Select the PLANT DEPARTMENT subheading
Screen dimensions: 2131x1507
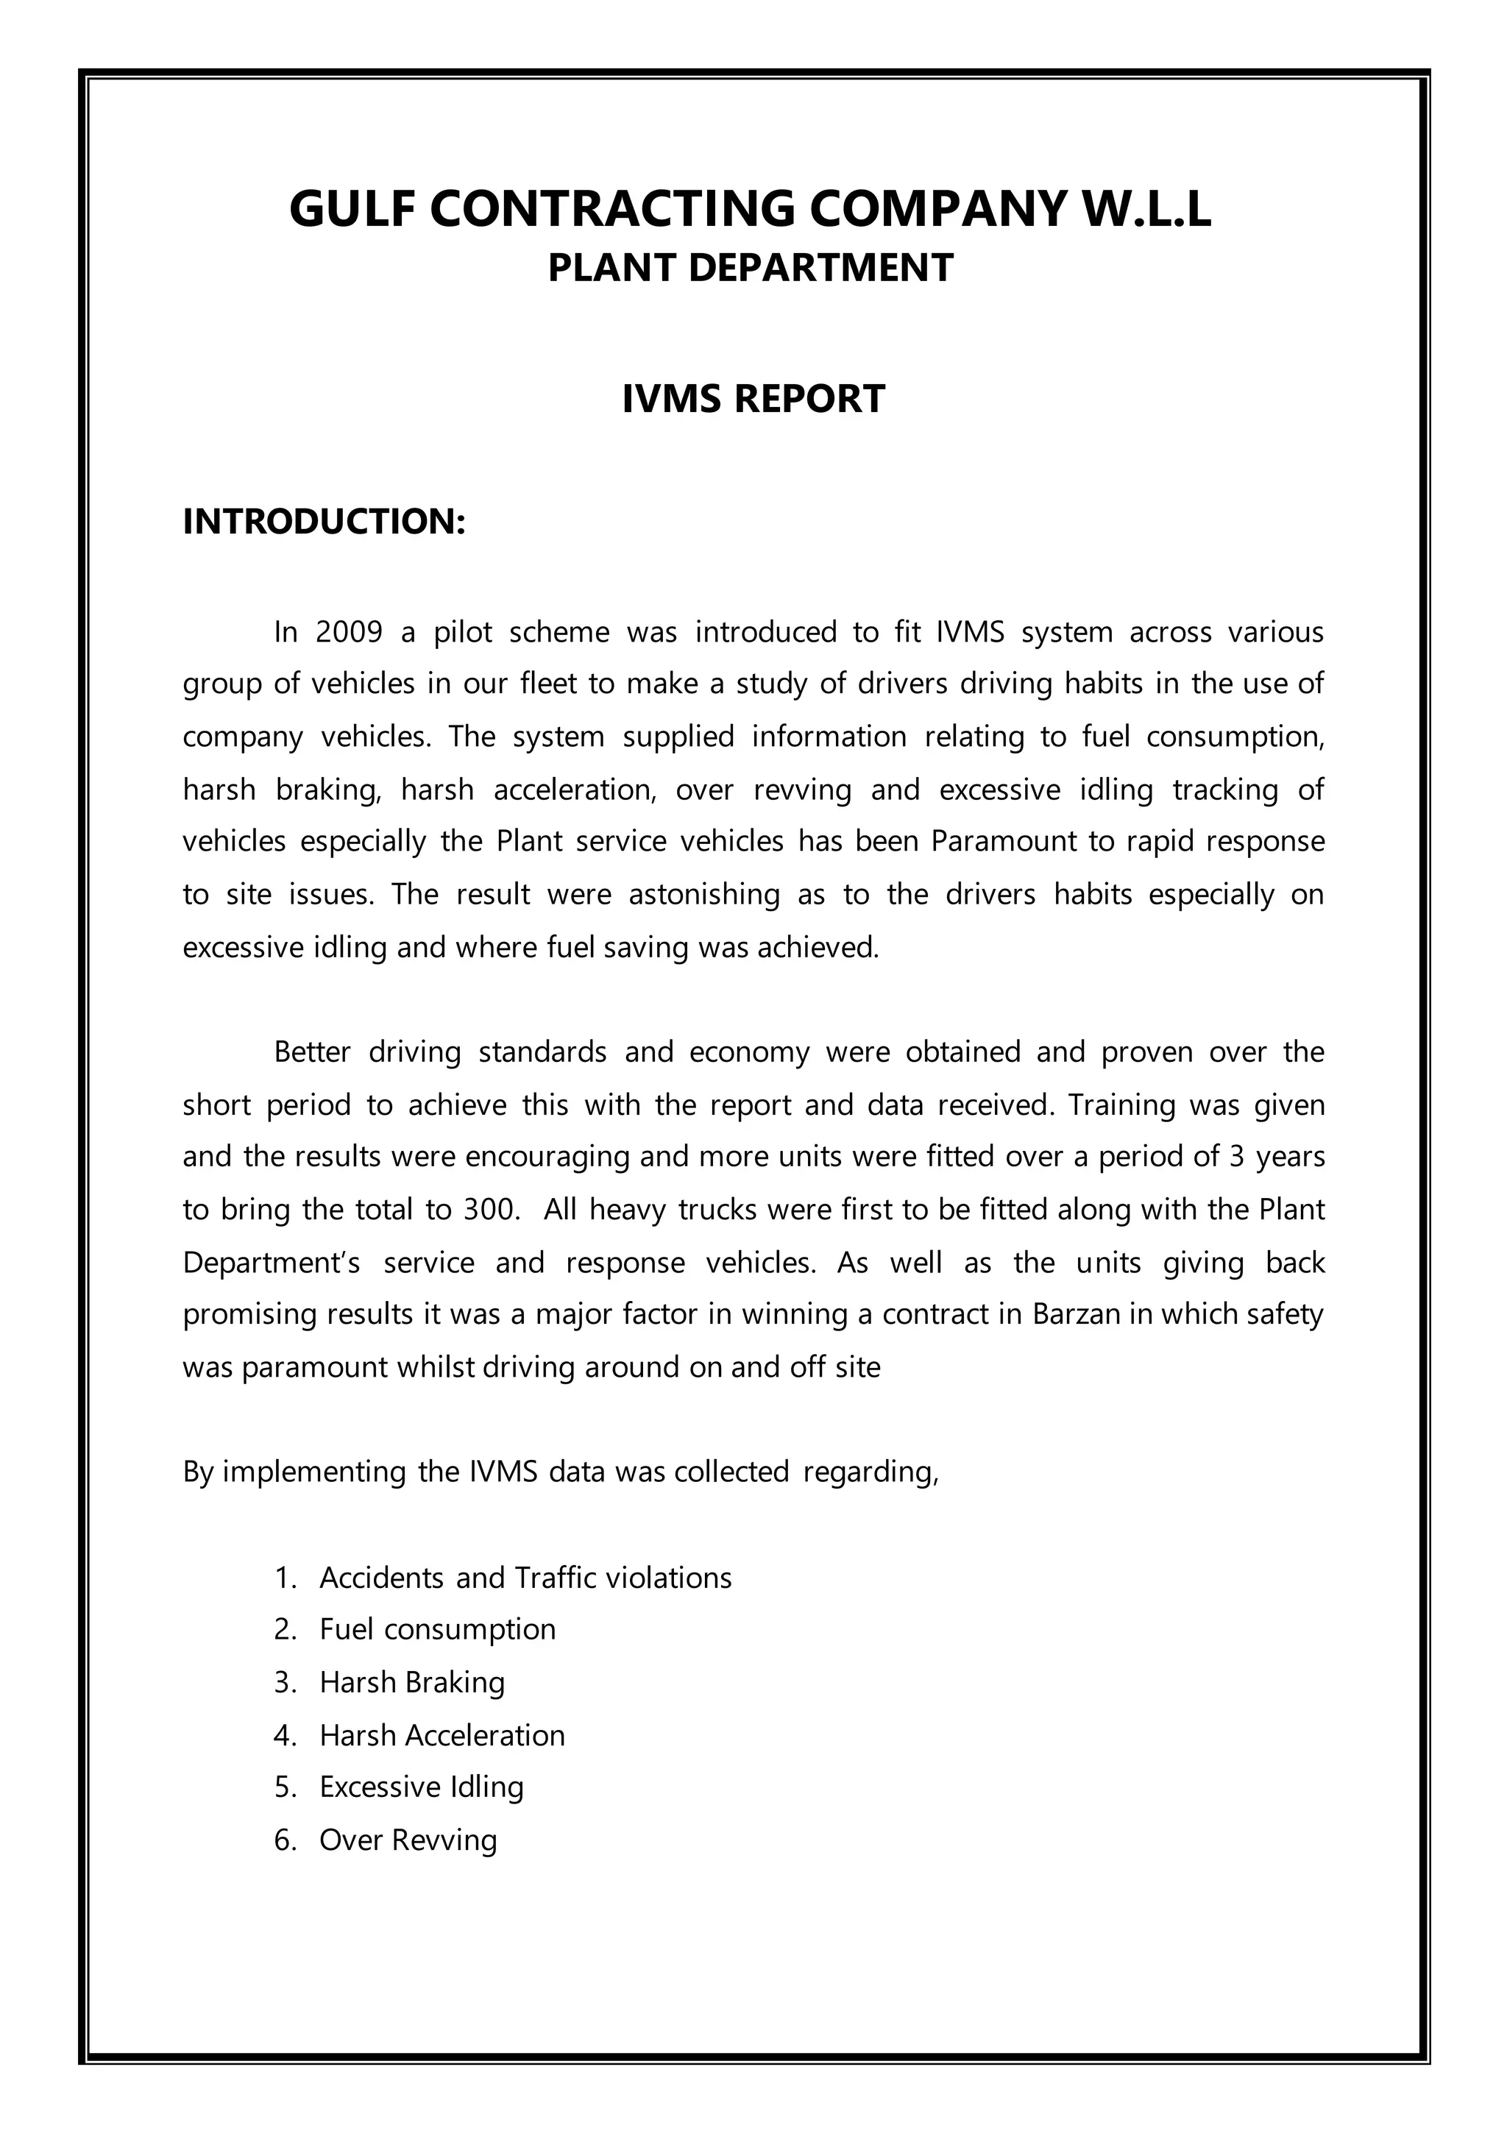(750, 269)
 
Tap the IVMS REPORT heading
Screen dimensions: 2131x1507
(753, 399)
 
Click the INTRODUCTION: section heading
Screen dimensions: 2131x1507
(324, 522)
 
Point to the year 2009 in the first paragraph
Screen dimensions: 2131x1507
(349, 632)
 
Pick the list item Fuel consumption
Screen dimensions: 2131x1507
(437, 1629)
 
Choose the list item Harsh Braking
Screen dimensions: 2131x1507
(412, 1682)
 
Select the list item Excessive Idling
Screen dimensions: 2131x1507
(422, 1787)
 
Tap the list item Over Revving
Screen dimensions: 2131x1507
(408, 1840)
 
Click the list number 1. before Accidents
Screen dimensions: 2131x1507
(285, 1578)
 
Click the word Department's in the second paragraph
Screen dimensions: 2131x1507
(271, 1263)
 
